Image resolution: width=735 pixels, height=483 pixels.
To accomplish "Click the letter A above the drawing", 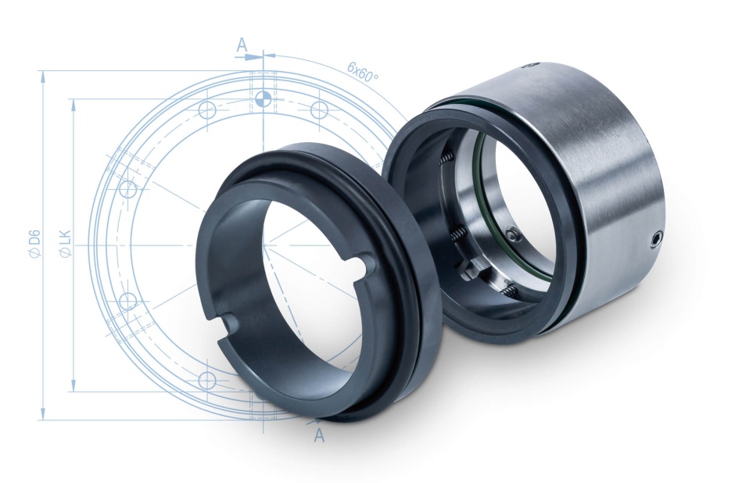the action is [x=242, y=45].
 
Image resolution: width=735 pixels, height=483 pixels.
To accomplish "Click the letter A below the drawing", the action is [x=319, y=435].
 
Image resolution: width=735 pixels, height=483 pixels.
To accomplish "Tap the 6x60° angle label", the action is [x=362, y=72].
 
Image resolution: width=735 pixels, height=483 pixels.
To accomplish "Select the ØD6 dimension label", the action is [x=35, y=244].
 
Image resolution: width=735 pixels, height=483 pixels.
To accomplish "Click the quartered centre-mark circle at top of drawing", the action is [x=263, y=98].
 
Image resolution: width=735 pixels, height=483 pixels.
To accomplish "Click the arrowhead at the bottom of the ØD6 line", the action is [x=43, y=413].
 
